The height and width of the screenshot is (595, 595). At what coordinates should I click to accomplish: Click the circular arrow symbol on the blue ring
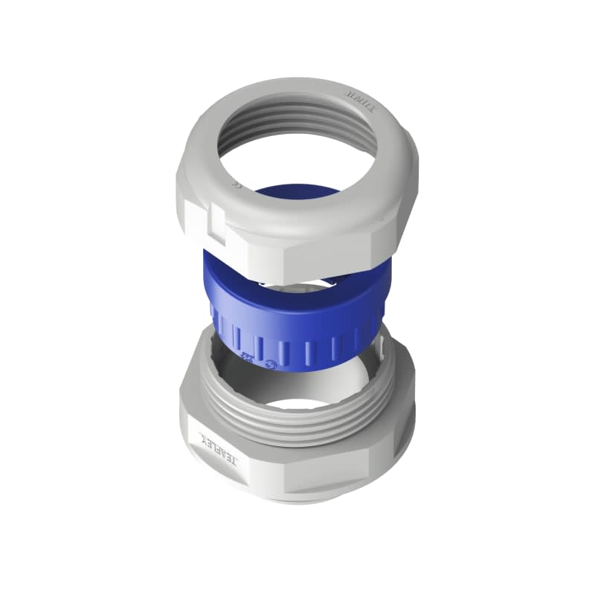tap(270, 364)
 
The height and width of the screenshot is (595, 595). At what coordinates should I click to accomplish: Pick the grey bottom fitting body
tap(297, 461)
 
